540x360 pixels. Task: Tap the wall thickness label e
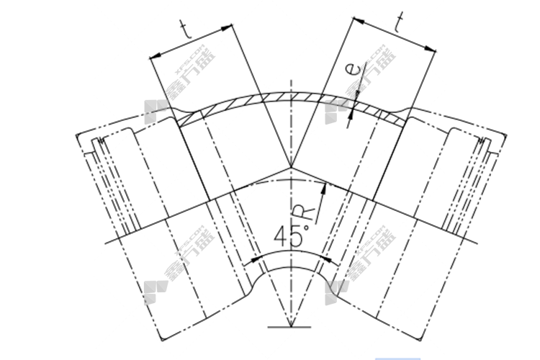[x=351, y=70]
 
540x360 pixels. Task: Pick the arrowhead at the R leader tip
[x=325, y=186]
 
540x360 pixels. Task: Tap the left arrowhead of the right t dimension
[x=352, y=20]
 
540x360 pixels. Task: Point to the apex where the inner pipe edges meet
[x=290, y=166]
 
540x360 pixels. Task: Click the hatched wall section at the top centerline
[x=290, y=94]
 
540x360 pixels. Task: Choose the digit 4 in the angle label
[x=282, y=236]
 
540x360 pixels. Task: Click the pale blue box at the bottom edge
[x=397, y=357]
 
